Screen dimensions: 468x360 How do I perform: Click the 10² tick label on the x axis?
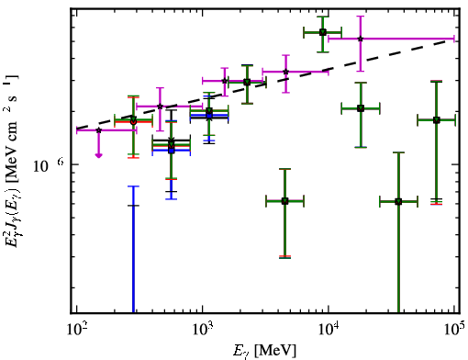[76, 330]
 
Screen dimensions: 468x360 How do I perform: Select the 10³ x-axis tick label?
[202, 330]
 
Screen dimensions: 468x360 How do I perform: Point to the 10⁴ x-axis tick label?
[329, 330]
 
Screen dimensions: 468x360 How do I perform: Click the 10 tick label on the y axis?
[40, 166]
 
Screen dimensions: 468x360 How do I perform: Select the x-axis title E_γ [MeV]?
[264, 351]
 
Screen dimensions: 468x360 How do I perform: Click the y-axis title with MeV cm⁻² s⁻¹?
[12, 159]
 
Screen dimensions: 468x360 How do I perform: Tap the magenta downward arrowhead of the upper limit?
[98, 155]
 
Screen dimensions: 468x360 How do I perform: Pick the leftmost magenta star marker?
[98, 130]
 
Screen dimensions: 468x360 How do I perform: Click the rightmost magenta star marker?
[361, 39]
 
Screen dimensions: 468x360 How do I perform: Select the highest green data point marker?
[323, 32]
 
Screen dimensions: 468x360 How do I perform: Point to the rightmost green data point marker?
[437, 120]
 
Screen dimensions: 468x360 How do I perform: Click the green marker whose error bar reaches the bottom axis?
[398, 202]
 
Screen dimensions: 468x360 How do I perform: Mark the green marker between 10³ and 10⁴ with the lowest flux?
[285, 201]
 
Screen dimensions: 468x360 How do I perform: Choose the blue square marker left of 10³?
[172, 151]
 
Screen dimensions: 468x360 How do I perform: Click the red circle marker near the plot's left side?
[133, 122]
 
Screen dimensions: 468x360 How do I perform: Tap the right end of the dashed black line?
[454, 40]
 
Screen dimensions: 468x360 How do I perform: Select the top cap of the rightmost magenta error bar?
[361, 17]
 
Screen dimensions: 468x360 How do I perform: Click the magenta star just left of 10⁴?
[285, 72]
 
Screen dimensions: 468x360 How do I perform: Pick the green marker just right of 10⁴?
[361, 108]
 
